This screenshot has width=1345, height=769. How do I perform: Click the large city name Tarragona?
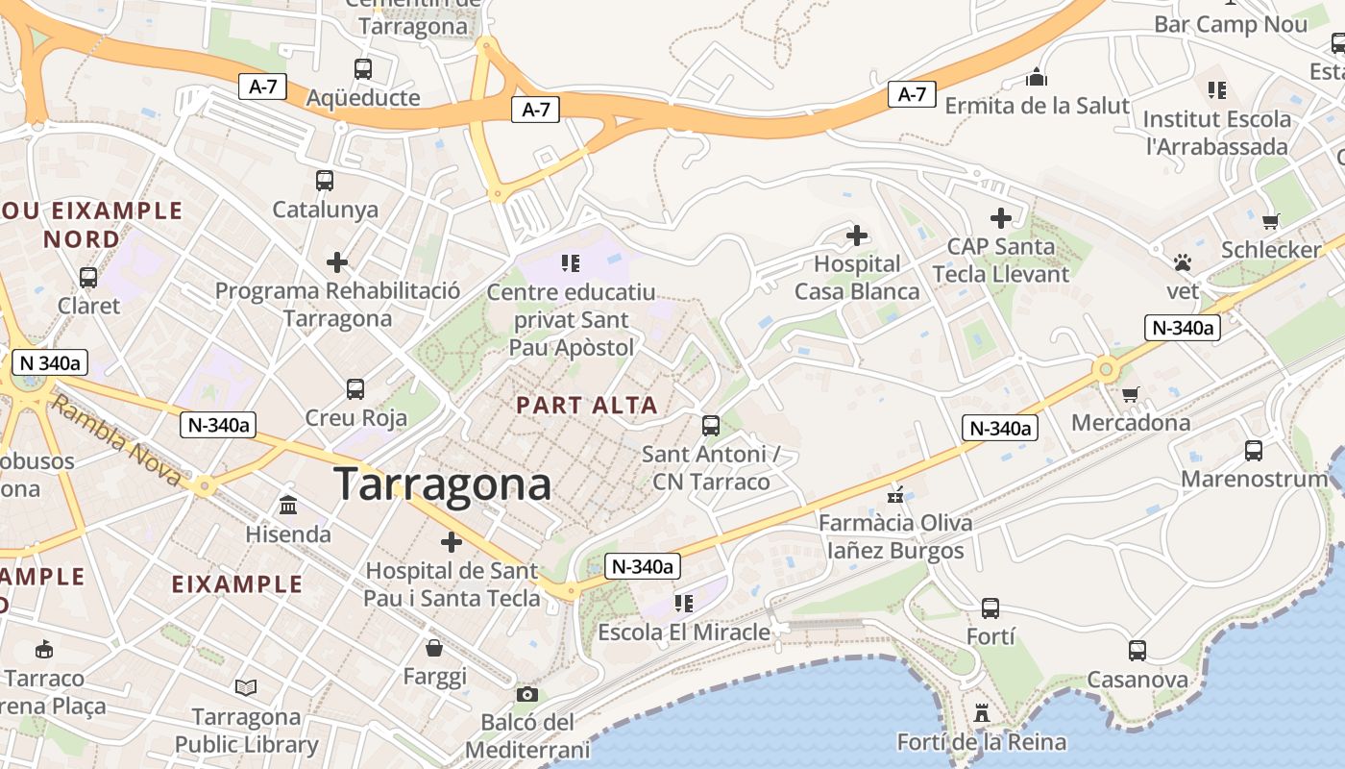point(442,484)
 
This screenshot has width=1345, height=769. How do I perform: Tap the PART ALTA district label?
point(587,406)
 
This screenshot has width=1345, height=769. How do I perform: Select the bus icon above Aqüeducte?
point(362,69)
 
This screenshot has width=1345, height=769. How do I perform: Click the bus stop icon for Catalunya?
point(325,181)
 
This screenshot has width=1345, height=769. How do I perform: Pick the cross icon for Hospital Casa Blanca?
point(856,235)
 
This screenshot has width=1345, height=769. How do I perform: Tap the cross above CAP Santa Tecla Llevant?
point(1000,218)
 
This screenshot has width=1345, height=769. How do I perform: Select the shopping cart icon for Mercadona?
point(1131,394)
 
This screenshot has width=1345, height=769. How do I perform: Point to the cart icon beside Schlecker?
point(1271,221)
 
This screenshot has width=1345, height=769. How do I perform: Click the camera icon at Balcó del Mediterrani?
point(526,694)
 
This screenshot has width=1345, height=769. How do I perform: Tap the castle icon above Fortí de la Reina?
point(981,713)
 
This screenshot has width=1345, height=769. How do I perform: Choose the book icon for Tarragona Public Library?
point(246,688)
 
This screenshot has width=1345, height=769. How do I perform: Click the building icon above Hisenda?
point(288,505)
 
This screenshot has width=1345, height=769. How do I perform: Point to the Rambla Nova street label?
point(114,441)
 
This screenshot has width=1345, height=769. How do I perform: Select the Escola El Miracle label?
point(684,633)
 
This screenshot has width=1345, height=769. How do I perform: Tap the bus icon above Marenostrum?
point(1253,450)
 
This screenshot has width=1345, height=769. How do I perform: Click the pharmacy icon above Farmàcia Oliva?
point(895,496)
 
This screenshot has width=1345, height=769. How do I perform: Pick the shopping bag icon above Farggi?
point(434,648)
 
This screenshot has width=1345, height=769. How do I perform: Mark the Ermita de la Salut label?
point(1037,106)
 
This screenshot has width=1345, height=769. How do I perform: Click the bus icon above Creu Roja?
point(355,389)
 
